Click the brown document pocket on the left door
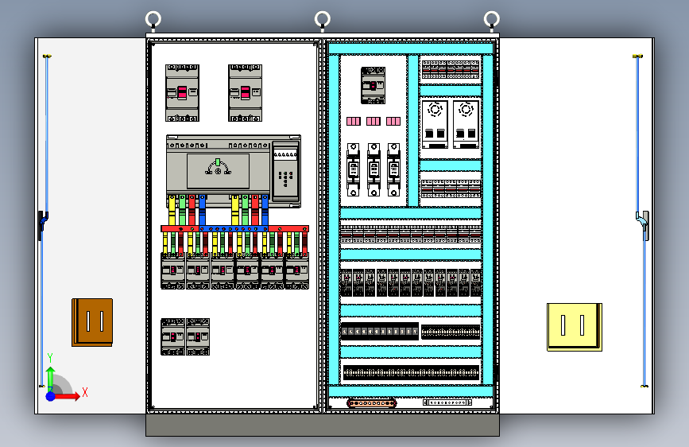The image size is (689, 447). click(92, 322)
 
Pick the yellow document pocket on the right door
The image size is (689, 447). click(574, 326)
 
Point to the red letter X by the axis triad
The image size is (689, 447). click(84, 392)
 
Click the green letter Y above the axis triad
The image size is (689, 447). click(49, 358)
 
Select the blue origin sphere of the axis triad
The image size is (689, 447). click(50, 395)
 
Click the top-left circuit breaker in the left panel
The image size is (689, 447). click(182, 93)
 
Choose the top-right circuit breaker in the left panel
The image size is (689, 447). click(245, 93)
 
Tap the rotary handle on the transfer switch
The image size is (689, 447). click(218, 166)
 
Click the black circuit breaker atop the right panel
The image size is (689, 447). click(373, 85)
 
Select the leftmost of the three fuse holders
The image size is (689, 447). click(354, 169)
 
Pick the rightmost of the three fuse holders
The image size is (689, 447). click(393, 169)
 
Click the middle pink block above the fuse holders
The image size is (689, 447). click(374, 122)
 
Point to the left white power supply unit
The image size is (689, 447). click(434, 123)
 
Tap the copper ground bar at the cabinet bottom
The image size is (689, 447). click(371, 403)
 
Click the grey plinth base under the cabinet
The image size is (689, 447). click(322, 425)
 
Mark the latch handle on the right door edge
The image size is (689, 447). click(644, 224)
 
